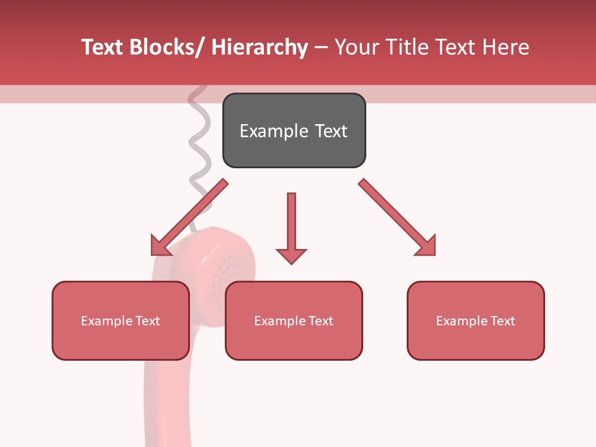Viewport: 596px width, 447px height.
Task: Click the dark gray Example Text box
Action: coord(294,130)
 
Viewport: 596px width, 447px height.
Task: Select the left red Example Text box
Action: coord(120,320)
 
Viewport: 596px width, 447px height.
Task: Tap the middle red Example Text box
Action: coord(294,320)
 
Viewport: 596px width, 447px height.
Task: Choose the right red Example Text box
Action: coord(476,320)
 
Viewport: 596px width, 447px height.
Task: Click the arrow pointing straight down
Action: coord(291,227)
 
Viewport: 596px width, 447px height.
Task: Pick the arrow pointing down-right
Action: coord(397,217)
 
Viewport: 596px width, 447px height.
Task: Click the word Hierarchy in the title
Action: coord(260,47)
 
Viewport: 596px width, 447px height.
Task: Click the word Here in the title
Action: coord(507,47)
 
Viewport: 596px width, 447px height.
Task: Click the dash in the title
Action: coord(321,47)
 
